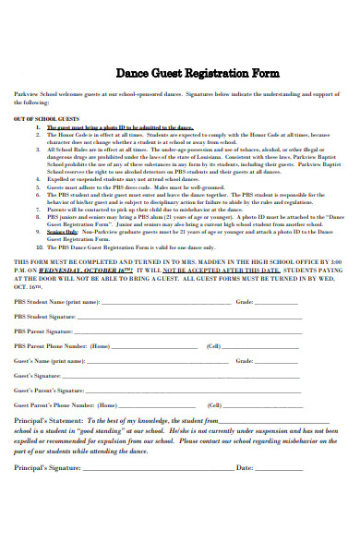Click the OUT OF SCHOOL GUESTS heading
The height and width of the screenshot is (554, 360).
tap(40, 119)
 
